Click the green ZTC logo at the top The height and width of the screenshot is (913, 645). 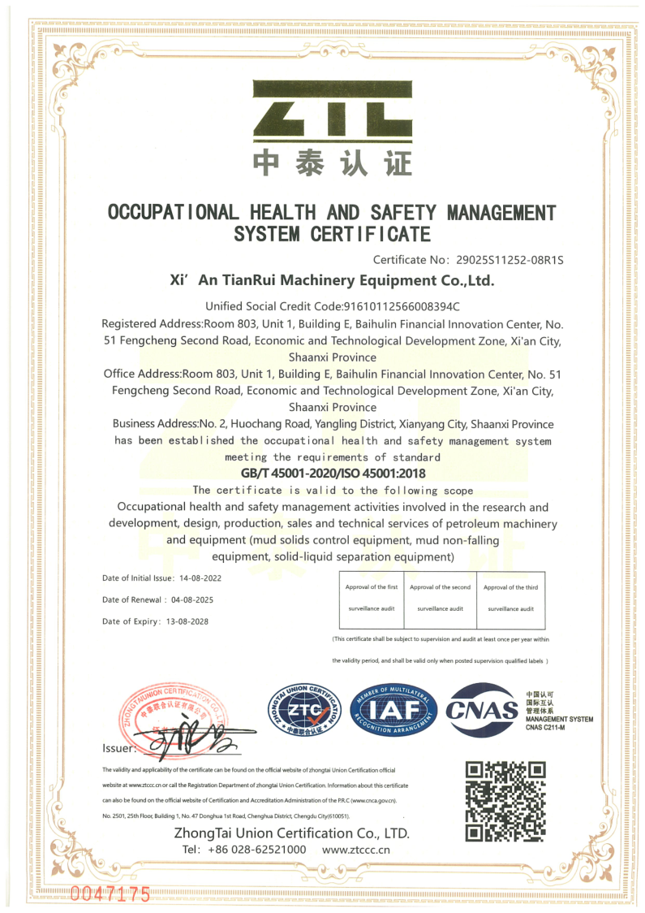[333, 109]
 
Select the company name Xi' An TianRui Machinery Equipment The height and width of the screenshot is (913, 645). [332, 281]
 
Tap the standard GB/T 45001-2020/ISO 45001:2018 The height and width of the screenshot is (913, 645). [333, 474]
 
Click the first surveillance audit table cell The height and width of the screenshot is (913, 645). [372, 598]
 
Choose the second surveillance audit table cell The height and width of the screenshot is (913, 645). [440, 598]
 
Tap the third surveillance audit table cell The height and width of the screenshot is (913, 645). [510, 598]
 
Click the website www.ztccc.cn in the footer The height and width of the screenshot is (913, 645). [356, 850]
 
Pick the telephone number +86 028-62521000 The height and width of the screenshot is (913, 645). [257, 850]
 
